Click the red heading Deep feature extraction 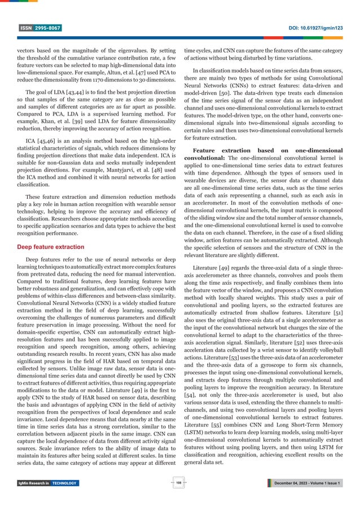click(x=51, y=247)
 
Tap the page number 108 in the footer click(x=180, y=483)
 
